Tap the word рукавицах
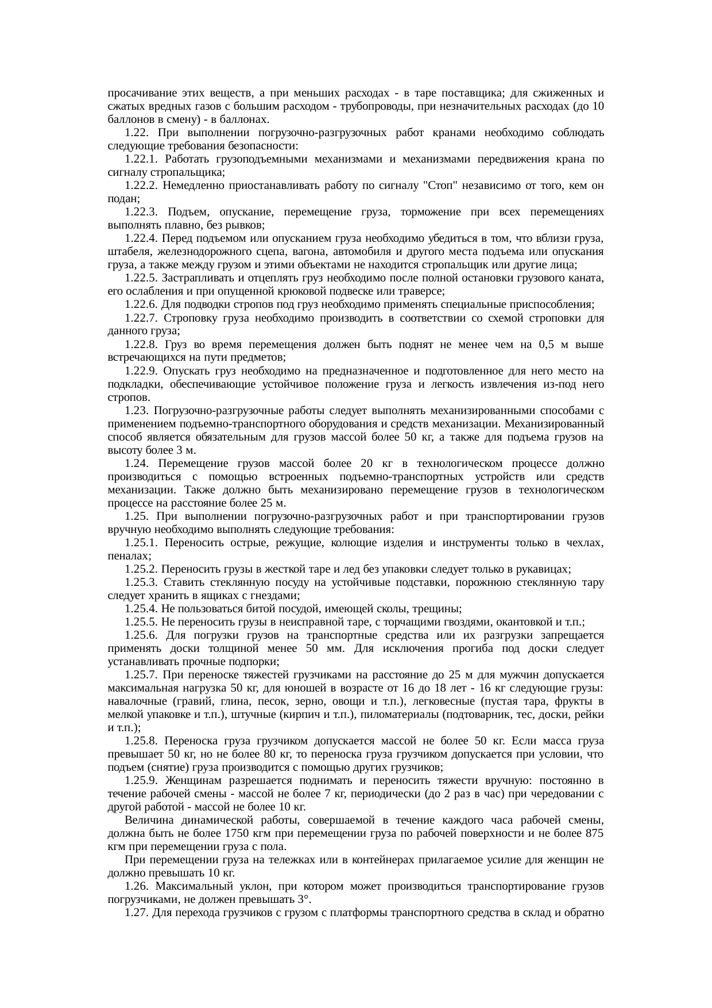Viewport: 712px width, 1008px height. pyautogui.click(x=545, y=569)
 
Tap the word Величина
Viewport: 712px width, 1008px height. pyautogui.click(x=148, y=820)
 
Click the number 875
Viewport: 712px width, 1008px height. pyautogui.click(x=594, y=833)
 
